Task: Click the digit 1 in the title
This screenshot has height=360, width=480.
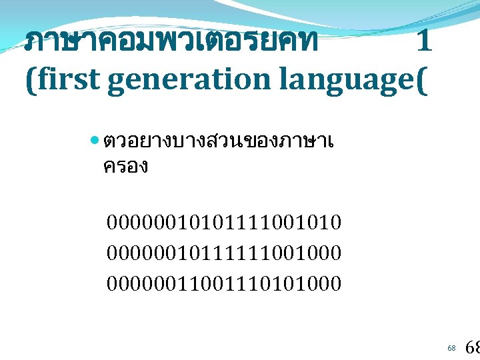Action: tap(423, 43)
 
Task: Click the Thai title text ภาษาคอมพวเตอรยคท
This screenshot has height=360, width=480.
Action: tap(171, 43)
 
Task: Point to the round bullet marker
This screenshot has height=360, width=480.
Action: tap(94, 142)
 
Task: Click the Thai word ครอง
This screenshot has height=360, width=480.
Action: tap(125, 166)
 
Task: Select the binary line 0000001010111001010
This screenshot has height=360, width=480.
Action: tap(224, 221)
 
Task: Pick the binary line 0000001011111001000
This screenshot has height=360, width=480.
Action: tap(224, 253)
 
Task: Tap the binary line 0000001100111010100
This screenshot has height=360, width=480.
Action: tap(224, 283)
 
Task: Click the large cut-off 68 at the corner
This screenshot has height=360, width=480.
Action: tap(471, 347)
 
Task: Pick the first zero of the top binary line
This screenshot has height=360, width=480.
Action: tap(112, 221)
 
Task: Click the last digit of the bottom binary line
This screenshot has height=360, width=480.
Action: tap(335, 283)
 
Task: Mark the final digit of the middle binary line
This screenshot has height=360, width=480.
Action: tap(335, 253)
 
